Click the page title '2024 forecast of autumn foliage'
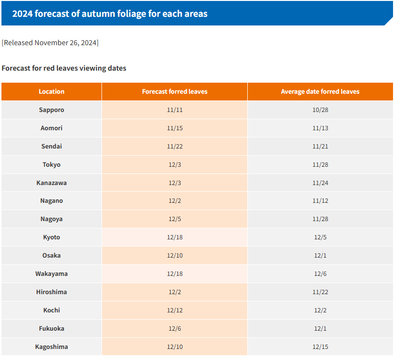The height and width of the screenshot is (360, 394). tap(110, 13)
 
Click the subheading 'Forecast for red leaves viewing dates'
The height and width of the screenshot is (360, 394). tap(64, 68)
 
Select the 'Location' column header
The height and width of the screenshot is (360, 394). tap(51, 91)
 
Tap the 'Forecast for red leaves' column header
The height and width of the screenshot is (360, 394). tap(175, 91)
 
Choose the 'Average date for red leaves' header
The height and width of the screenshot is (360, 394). tap(320, 91)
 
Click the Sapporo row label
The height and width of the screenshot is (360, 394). tap(51, 110)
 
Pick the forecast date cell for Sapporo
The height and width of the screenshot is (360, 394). tap(175, 110)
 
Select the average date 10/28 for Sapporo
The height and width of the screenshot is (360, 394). tap(320, 110)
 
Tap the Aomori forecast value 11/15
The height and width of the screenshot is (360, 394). tap(175, 128)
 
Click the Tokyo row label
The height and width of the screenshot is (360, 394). tap(51, 164)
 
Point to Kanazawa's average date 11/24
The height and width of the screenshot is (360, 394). tap(320, 183)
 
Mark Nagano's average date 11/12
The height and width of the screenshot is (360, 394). tap(320, 201)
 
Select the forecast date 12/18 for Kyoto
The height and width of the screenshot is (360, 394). tap(175, 237)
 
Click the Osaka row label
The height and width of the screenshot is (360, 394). tap(51, 256)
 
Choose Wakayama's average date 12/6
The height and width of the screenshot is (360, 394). tap(320, 274)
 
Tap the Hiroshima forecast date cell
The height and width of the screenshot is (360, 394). tap(175, 292)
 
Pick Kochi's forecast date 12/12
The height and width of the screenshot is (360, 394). tap(175, 310)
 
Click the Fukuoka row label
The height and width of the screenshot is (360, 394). tap(51, 329)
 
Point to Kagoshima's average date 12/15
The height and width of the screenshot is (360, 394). tap(320, 347)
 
